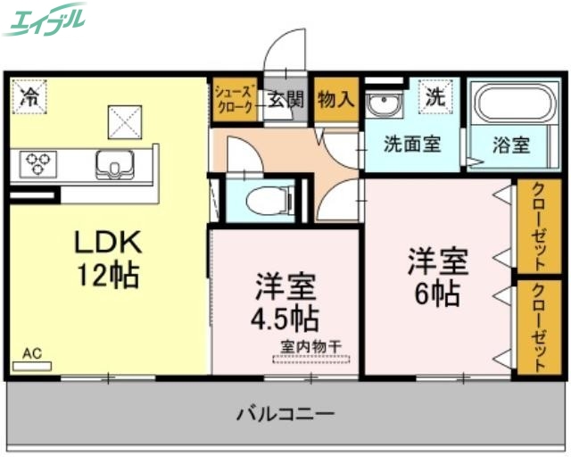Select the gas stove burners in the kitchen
pyautogui.click(x=39, y=162)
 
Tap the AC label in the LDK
pyautogui.click(x=32, y=354)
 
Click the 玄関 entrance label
pyautogui.click(x=286, y=98)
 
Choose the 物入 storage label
pyautogui.click(x=336, y=98)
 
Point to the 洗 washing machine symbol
pyautogui.click(x=434, y=96)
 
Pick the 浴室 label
pyautogui.click(x=511, y=145)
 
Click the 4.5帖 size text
pyautogui.click(x=285, y=317)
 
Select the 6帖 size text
pyautogui.click(x=437, y=293)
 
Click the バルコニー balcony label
pyautogui.click(x=285, y=414)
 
